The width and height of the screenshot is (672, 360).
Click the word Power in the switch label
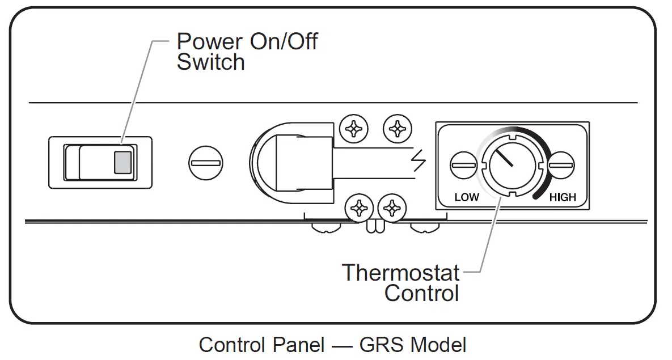207,42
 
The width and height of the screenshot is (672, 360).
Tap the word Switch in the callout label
210,62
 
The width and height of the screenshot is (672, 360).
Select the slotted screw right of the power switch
205,163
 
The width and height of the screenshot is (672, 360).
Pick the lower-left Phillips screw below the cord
360,209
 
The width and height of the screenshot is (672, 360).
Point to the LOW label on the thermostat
466,197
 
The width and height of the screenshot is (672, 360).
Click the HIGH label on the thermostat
562,197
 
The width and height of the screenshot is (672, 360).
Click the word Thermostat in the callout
400,273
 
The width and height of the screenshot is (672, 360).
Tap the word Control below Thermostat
421,294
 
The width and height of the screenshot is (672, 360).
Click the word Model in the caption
438,345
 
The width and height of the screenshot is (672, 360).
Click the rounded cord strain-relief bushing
278,163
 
